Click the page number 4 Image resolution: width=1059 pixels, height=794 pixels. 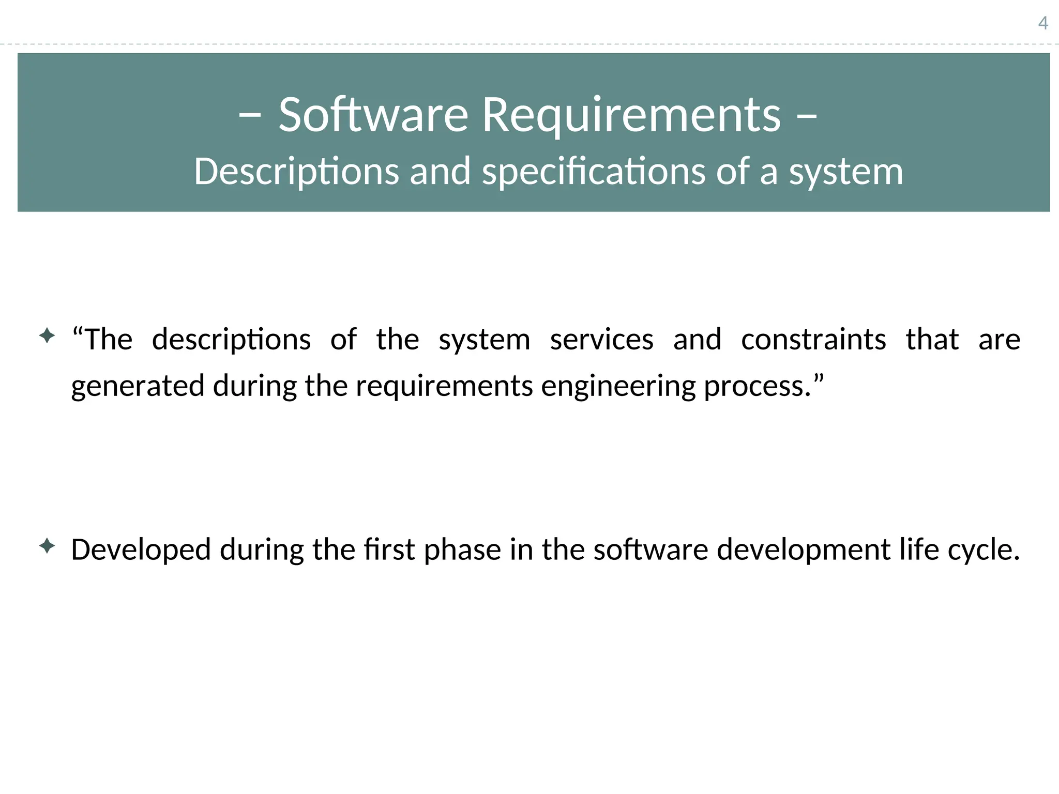pyautogui.click(x=1043, y=23)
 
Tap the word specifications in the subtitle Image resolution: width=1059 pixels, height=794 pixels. pyautogui.click(x=593, y=172)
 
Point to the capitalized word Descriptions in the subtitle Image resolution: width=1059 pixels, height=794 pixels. pyautogui.click(x=296, y=172)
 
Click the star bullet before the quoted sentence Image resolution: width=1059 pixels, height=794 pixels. pyautogui.click(x=47, y=336)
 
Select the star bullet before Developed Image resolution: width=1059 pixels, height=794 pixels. pyautogui.click(x=47, y=546)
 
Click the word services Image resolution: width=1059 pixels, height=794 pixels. pyautogui.click(x=601, y=340)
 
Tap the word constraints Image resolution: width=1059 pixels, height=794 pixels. pyautogui.click(x=813, y=340)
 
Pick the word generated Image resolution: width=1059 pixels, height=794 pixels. pyautogui.click(x=138, y=386)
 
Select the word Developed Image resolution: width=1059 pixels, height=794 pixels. pyautogui.click(x=141, y=549)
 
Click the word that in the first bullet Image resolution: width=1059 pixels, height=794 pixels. pyautogui.click(x=932, y=340)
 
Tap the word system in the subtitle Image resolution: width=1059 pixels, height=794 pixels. pyautogui.click(x=846, y=172)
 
